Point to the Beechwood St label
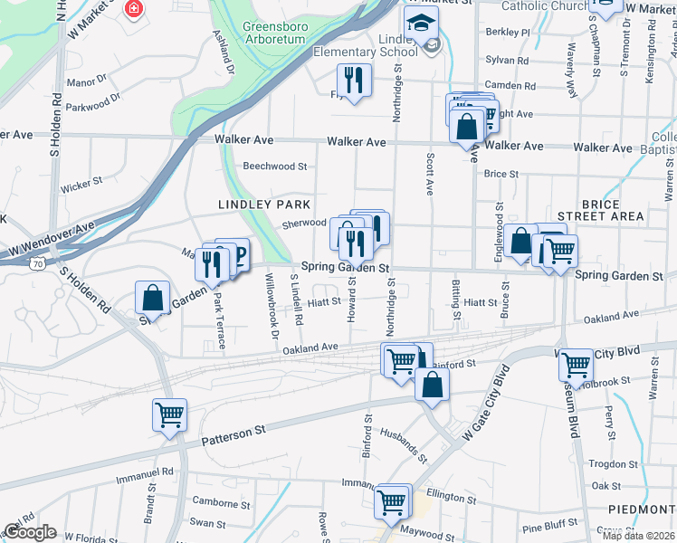pos(276,167)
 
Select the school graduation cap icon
pos(420,24)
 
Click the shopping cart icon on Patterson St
pos(169,414)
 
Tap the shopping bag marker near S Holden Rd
pos(153,298)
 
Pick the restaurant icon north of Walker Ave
pos(354,80)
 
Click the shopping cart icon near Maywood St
pos(392,500)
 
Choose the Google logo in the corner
pos(30,532)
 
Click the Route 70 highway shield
pos(37,262)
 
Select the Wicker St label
pos(81,186)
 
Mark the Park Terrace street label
pos(220,320)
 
